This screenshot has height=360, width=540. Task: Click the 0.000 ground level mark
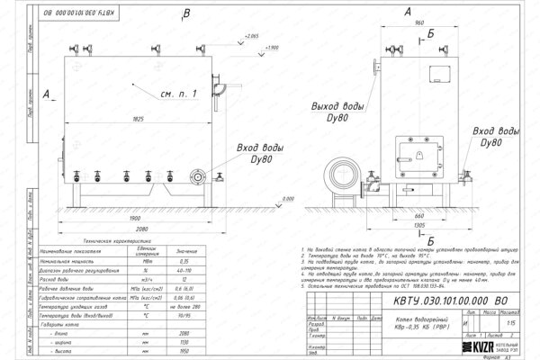pos(288,199)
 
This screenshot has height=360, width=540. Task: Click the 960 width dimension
pos(419,23)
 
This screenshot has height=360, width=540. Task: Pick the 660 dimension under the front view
pos(419,216)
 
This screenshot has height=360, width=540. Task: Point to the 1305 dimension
pos(420,227)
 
